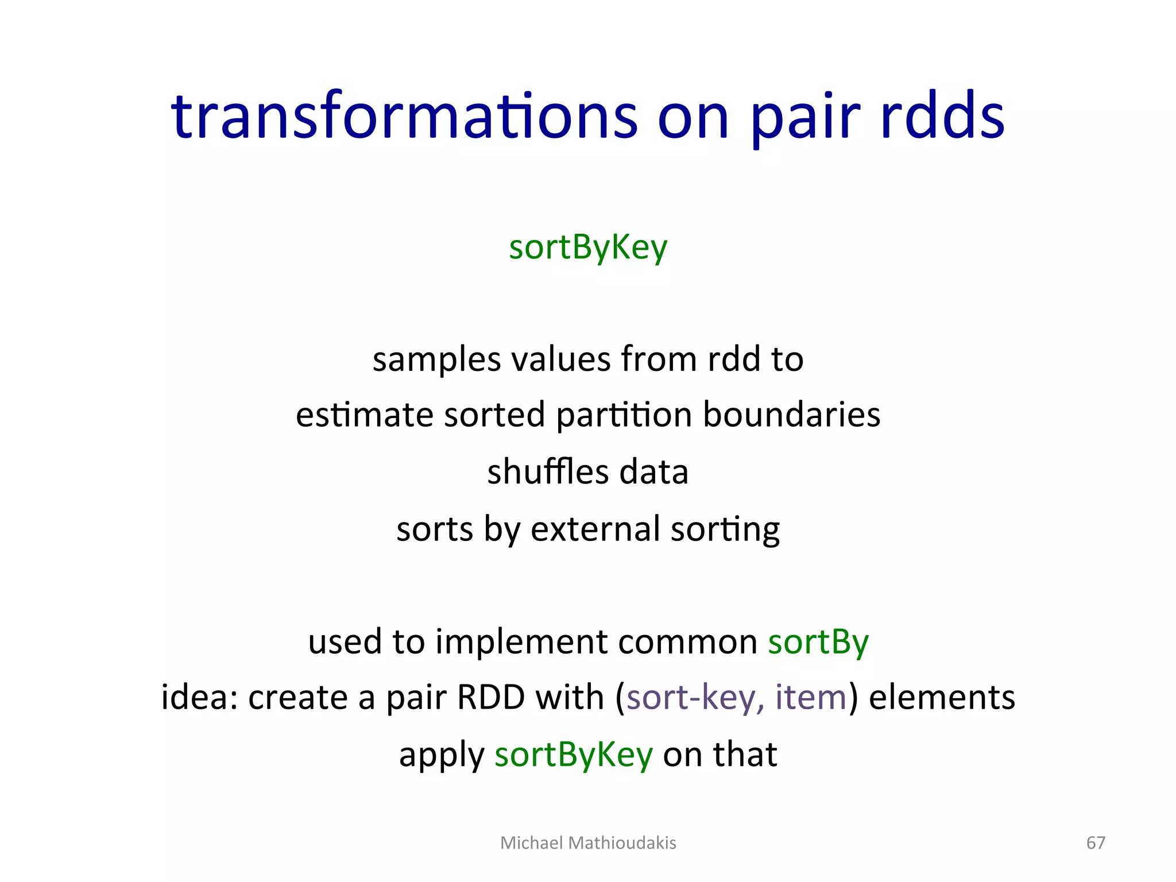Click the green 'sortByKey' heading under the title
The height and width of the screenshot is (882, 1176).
pyautogui.click(x=588, y=248)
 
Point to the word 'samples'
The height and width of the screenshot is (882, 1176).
pyautogui.click(x=436, y=360)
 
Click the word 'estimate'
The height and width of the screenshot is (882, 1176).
pyautogui.click(x=364, y=415)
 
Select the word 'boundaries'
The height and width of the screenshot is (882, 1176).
pyautogui.click(x=792, y=415)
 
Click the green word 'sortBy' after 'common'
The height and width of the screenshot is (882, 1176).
pyautogui.click(x=818, y=642)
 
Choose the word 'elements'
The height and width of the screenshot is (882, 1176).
pyautogui.click(x=942, y=698)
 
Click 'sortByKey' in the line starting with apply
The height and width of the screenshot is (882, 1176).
pyautogui.click(x=574, y=755)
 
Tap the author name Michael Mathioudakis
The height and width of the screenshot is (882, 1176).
pyautogui.click(x=588, y=842)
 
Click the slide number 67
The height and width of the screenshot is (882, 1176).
pyautogui.click(x=1096, y=842)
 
